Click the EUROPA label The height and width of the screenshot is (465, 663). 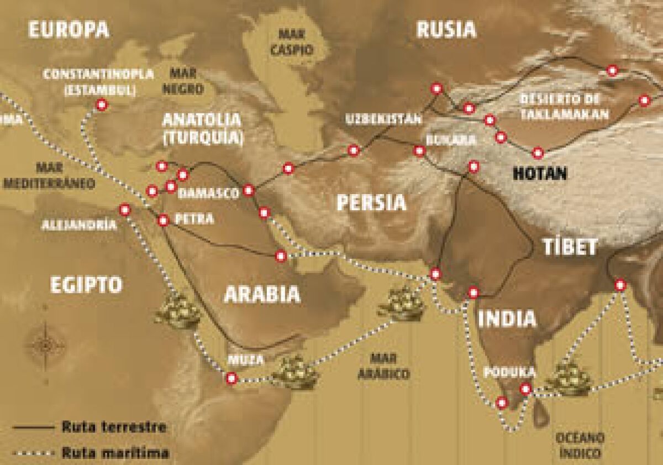pyautogui.click(x=69, y=30)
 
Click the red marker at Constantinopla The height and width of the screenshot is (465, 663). pyautogui.click(x=101, y=105)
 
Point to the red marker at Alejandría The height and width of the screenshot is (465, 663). pyautogui.click(x=125, y=210)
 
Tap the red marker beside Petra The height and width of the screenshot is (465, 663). pyautogui.click(x=164, y=220)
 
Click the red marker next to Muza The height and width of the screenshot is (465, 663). pyautogui.click(x=231, y=378)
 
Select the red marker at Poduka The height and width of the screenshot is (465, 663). pyautogui.click(x=525, y=389)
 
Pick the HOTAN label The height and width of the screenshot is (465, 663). pyautogui.click(x=540, y=173)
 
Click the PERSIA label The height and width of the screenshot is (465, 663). pyautogui.click(x=372, y=203)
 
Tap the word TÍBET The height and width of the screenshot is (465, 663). pyautogui.click(x=569, y=247)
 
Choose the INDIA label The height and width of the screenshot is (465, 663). pyautogui.click(x=507, y=318)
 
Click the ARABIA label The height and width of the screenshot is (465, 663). pyautogui.click(x=262, y=294)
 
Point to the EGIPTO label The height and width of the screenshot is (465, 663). pyautogui.click(x=86, y=285)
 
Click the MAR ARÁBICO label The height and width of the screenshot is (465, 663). pyautogui.click(x=383, y=366)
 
